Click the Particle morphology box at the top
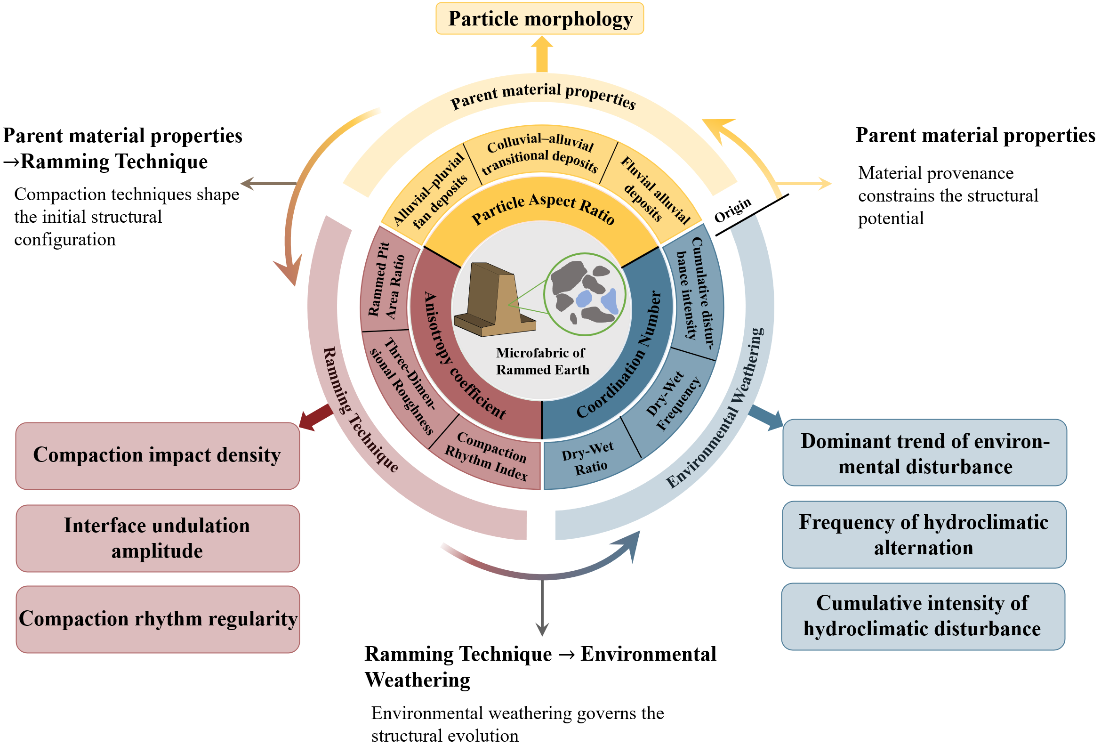click(539, 19)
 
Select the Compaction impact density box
click(157, 455)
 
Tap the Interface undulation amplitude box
click(157, 538)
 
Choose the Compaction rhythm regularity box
click(157, 619)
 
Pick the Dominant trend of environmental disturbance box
click(924, 453)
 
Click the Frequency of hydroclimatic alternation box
click(924, 534)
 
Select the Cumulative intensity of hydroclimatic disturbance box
click(923, 616)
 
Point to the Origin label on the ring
click(732, 210)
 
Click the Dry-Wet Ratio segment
click(588, 458)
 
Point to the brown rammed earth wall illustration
click(493, 301)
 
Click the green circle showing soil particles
click(585, 294)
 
